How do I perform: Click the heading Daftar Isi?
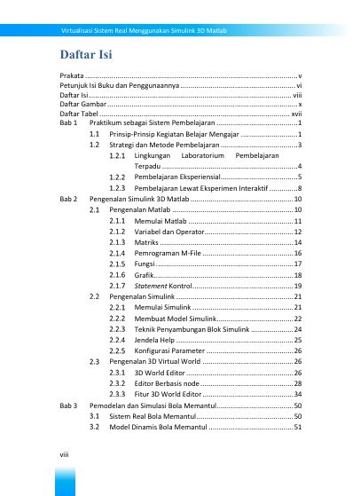[x=85, y=59]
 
